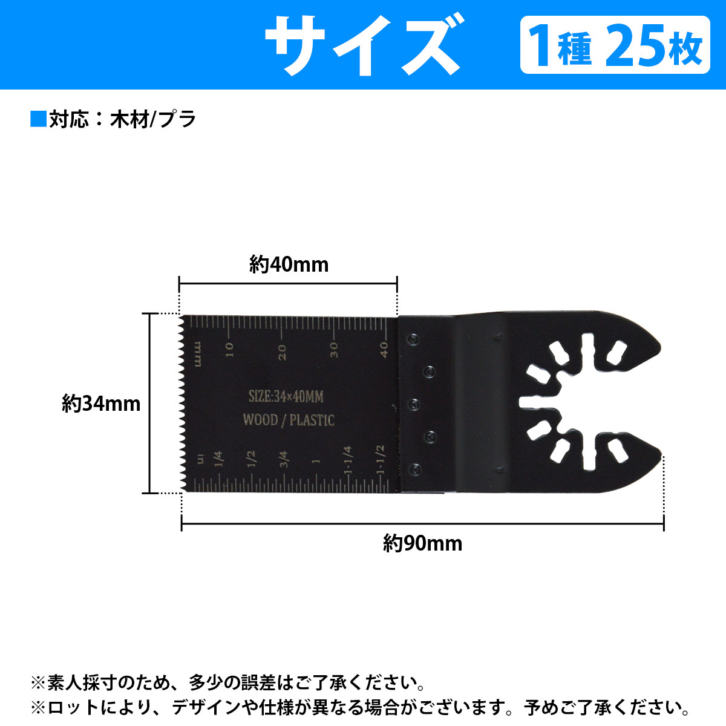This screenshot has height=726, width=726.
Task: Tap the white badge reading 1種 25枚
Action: [x=615, y=45]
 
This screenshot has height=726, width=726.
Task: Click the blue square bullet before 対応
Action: [x=38, y=119]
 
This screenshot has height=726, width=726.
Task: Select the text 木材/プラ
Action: [x=153, y=119]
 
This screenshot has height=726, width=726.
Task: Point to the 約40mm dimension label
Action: [x=289, y=264]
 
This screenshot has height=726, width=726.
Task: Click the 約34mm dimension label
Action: [x=101, y=404]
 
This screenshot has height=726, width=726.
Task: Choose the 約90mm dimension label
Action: [x=422, y=543]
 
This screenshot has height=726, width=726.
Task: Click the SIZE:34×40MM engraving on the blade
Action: [x=286, y=397]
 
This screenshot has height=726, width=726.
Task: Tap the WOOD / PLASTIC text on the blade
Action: [x=288, y=420]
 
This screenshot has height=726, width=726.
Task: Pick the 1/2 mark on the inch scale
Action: [x=252, y=459]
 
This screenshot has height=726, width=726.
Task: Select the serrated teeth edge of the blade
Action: [x=179, y=404]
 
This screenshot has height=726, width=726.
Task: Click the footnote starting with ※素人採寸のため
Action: [x=227, y=683]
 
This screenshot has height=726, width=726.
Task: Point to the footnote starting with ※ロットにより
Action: [x=361, y=707]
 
